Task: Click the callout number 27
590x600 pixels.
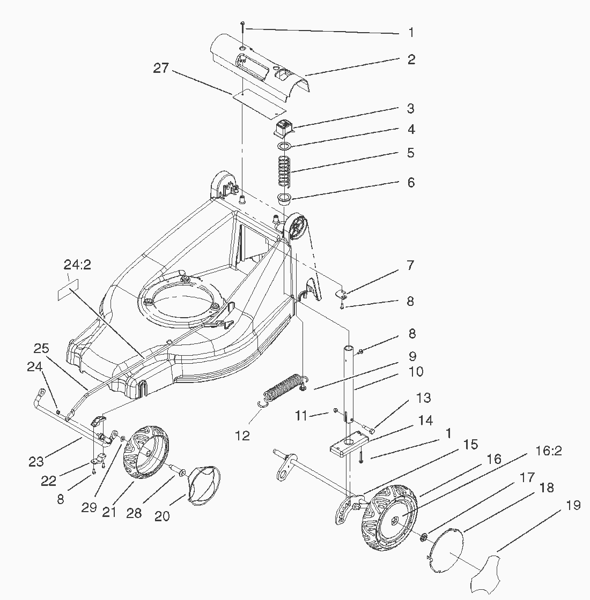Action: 161,68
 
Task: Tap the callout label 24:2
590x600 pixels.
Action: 77,265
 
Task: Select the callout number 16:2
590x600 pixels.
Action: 548,451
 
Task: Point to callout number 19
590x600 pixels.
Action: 573,506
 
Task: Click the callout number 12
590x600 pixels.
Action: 242,436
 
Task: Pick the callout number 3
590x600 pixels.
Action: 411,108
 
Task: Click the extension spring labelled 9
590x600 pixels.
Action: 284,387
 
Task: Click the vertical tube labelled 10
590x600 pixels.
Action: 349,382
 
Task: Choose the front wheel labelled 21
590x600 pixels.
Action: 145,452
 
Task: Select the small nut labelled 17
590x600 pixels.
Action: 424,538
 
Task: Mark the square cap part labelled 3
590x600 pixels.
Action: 284,128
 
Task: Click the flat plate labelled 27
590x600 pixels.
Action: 259,102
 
